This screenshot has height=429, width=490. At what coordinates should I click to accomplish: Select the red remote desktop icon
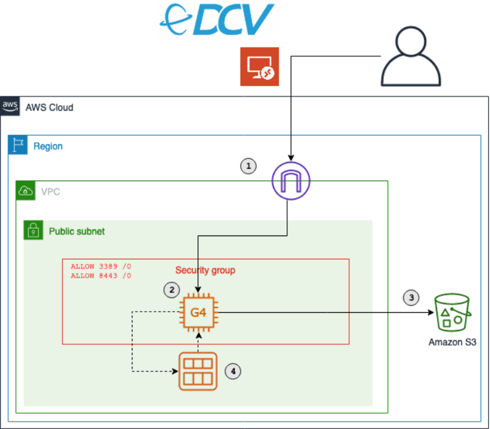(x=259, y=67)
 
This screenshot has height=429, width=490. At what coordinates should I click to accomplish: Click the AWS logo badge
(x=10, y=106)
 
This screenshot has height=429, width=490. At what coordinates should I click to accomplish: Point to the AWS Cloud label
(x=49, y=107)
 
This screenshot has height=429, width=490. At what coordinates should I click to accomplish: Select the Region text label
(x=48, y=146)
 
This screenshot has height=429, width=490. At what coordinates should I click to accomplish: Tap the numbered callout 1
(x=248, y=165)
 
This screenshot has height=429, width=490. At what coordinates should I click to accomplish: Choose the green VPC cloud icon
(x=26, y=191)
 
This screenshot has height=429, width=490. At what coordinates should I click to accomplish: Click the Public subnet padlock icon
(x=33, y=231)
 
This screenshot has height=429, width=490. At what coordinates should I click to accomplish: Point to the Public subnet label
(x=77, y=232)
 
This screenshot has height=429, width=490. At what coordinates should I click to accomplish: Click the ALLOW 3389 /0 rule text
(x=101, y=267)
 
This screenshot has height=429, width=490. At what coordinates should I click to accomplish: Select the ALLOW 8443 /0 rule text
(x=101, y=275)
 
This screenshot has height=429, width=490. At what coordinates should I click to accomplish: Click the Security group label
(x=205, y=270)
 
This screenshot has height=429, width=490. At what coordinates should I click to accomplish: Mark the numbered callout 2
(x=171, y=290)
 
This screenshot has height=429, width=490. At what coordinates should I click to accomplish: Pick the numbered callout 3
(x=411, y=297)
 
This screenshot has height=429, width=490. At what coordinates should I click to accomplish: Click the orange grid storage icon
(x=199, y=371)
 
